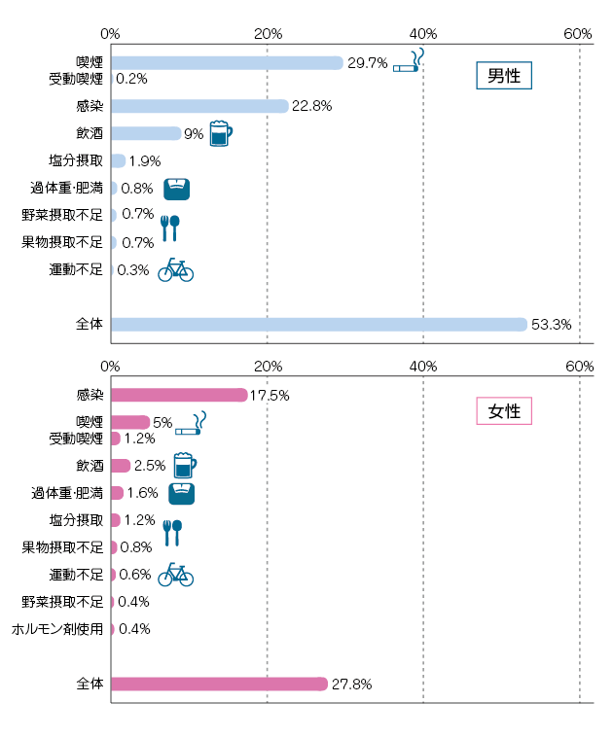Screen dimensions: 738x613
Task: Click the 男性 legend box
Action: [x=503, y=76]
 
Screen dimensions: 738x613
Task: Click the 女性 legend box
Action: [x=503, y=410]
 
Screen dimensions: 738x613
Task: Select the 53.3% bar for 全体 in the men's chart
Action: [x=318, y=325]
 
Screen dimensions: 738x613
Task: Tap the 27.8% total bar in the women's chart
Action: [x=219, y=685]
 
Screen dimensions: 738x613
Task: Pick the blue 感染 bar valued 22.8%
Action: [x=199, y=106]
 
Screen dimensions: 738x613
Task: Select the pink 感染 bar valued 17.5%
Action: [x=179, y=395]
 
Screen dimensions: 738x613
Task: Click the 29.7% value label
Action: [x=368, y=63]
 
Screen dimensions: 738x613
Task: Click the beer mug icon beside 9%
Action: [x=221, y=133]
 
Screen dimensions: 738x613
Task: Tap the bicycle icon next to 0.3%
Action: [x=175, y=269]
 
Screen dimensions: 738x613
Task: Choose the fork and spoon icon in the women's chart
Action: [x=171, y=531]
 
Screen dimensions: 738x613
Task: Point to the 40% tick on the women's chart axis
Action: [x=423, y=367]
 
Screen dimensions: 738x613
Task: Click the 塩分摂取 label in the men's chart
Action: [x=75, y=160]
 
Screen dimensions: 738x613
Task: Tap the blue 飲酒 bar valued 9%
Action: [x=146, y=133]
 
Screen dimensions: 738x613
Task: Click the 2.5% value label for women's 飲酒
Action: [x=150, y=466]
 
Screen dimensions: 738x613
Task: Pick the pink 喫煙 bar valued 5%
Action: [x=130, y=422]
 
